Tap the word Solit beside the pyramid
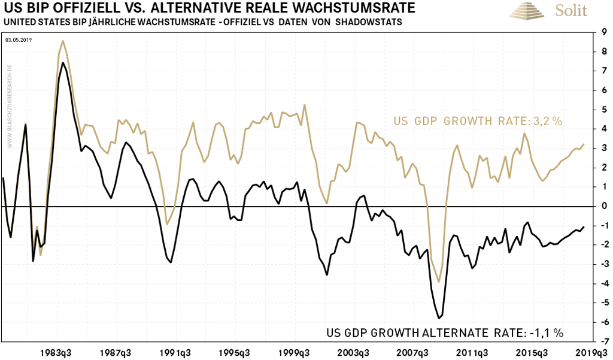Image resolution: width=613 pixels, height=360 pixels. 570,11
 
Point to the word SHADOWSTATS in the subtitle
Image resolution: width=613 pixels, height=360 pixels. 374,22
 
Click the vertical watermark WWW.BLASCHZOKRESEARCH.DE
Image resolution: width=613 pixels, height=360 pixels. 10,105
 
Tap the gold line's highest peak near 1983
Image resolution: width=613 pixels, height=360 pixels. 63,41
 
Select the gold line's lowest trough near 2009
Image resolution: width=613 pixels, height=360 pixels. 439,282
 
